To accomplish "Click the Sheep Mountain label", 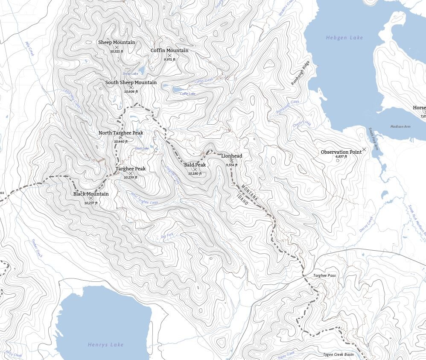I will coord(117,42).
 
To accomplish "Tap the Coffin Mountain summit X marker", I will coord(169,56).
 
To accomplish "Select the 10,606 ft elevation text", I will coord(131,91).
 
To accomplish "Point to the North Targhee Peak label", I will coord(121,133).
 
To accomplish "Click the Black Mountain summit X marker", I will coord(91,199).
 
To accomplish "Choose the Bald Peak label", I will coord(195,165).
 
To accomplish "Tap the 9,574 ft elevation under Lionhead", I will coord(231,165).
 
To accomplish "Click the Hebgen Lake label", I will coord(344,38).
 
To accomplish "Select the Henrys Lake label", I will coord(105,345).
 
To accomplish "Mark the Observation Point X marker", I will coord(364,149).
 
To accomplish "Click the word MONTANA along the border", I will coord(250,193).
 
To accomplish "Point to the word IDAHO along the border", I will coord(242,200).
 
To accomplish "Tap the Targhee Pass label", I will coord(324,276).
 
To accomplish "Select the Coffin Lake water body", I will coord(176,90).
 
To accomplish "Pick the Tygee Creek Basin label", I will coord(338,354).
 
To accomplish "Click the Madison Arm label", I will coord(400,126).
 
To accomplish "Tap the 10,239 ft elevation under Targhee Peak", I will coord(131,177).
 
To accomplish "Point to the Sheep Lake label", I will coord(130,74).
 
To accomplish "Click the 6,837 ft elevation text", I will coord(341,157).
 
